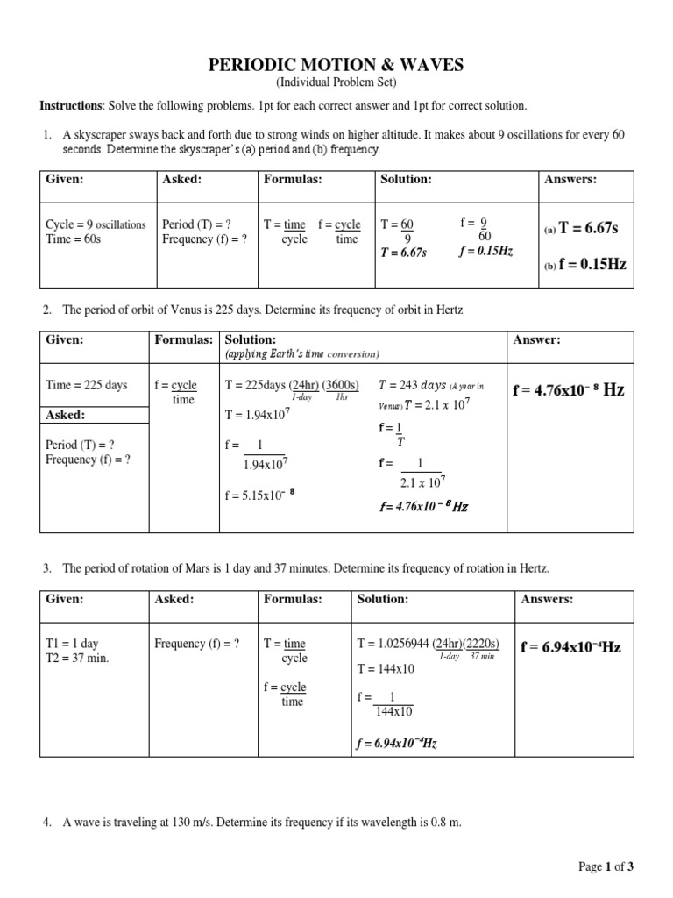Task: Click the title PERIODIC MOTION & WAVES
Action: click(x=336, y=65)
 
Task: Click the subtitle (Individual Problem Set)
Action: click(x=336, y=82)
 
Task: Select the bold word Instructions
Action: click(x=70, y=106)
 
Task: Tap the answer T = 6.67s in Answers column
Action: click(x=588, y=228)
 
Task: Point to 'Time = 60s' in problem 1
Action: click(x=73, y=239)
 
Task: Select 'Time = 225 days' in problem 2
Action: click(x=86, y=385)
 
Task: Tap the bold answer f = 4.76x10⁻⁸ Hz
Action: click(x=568, y=390)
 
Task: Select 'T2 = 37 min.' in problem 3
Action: click(x=77, y=658)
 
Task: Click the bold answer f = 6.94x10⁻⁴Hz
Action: click(x=570, y=647)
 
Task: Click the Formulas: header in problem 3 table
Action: click(x=293, y=599)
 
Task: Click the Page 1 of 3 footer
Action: click(x=606, y=866)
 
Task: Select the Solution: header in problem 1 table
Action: click(x=406, y=179)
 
